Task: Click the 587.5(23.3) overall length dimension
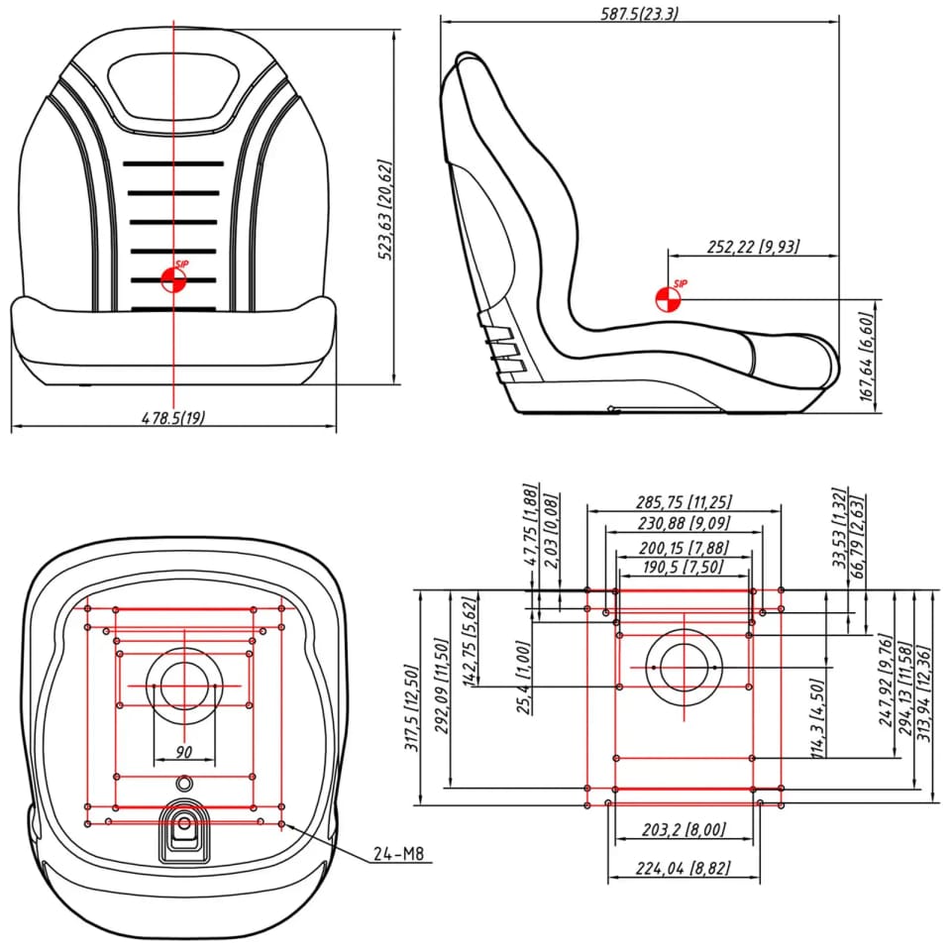(x=639, y=13)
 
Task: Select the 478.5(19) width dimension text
(x=173, y=418)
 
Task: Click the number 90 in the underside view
(x=183, y=752)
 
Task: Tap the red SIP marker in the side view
(x=668, y=297)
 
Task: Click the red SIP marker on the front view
(x=173, y=278)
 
